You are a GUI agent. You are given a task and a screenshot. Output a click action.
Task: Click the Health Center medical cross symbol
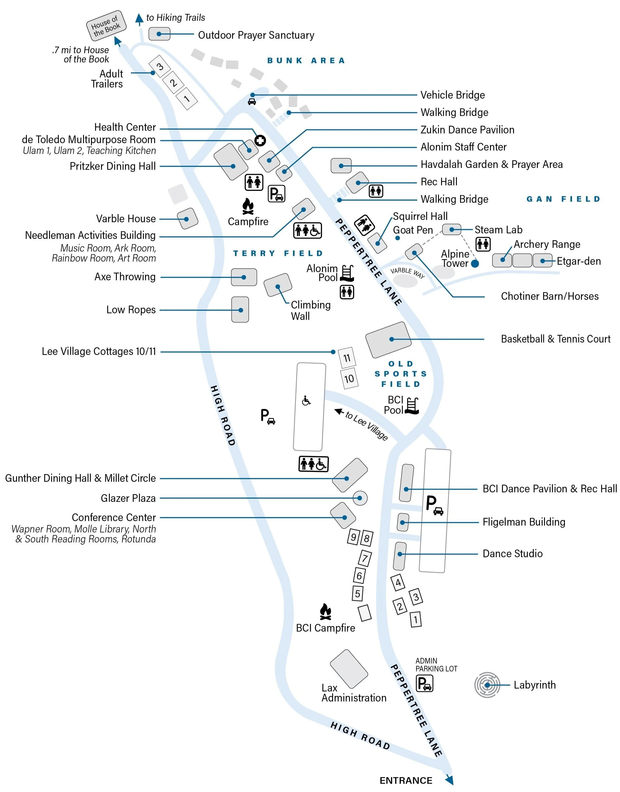(x=260, y=141)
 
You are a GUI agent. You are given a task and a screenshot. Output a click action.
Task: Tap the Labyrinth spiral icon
(x=487, y=685)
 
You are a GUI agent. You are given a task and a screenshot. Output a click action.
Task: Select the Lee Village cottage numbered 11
(x=347, y=358)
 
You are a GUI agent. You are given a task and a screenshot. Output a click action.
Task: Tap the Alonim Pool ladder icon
(x=347, y=273)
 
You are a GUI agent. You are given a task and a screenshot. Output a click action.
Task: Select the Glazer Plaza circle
(x=360, y=498)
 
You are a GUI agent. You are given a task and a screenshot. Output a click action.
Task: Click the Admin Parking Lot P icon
(x=424, y=683)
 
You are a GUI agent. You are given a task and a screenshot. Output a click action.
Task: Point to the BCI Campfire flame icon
(x=325, y=612)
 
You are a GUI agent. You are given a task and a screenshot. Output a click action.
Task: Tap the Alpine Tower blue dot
(x=475, y=263)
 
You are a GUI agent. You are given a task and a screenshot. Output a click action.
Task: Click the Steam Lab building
(x=451, y=229)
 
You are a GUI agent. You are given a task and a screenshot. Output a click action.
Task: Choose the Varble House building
(x=187, y=219)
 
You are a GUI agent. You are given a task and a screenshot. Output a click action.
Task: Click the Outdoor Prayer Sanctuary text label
(x=256, y=35)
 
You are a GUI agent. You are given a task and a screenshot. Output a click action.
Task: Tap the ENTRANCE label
(x=406, y=780)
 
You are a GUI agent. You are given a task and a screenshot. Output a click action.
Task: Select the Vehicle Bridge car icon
(x=252, y=102)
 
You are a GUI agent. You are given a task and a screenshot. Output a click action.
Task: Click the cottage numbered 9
(x=353, y=537)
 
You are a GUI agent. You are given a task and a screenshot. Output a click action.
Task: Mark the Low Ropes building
(x=240, y=310)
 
